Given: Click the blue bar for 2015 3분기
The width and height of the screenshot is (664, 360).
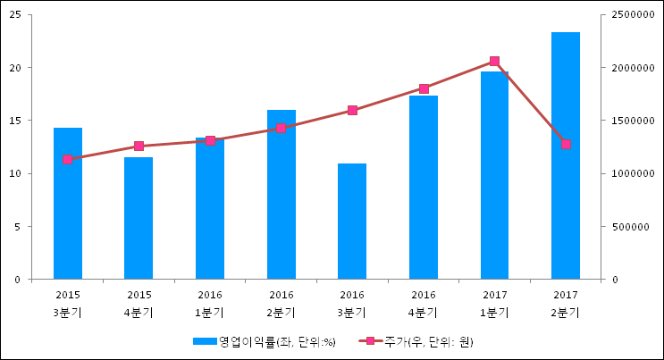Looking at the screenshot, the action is (x=68, y=204).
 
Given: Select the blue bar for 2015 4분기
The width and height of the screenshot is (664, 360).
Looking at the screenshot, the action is (x=139, y=218).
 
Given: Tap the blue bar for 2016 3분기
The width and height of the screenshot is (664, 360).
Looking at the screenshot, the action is (x=352, y=221).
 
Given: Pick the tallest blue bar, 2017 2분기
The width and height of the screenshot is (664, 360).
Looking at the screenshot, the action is (x=566, y=155).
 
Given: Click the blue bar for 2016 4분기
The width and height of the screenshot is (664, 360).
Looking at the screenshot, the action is (x=424, y=188).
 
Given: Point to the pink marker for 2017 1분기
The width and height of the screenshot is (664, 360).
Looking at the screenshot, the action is (x=494, y=62).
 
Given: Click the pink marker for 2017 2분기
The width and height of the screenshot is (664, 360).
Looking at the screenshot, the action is (x=566, y=145).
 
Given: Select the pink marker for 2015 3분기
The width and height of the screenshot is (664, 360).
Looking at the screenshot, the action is (x=67, y=160).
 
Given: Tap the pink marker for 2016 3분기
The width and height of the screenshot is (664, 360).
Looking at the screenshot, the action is (x=352, y=111).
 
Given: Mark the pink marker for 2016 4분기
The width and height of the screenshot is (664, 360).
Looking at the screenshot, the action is (x=424, y=89).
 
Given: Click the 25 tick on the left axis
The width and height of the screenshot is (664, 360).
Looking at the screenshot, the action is (x=15, y=15).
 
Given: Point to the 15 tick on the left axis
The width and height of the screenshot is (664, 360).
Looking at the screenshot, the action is (x=15, y=121).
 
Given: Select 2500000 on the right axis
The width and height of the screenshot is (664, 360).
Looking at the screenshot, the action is (x=633, y=15).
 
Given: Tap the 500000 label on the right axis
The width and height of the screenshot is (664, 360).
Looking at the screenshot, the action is (x=631, y=227).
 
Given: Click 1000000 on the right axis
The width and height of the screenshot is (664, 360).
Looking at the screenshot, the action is (x=633, y=173).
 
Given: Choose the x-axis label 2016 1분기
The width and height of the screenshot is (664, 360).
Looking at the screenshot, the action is (x=210, y=304).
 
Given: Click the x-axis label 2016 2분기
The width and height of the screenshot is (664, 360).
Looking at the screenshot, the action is (x=282, y=304).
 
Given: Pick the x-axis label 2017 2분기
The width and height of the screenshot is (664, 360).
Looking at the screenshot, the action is (x=566, y=304).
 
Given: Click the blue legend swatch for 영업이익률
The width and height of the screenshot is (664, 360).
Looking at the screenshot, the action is (x=205, y=341).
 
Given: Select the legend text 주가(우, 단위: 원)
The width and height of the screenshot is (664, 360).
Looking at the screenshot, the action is (x=429, y=342).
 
